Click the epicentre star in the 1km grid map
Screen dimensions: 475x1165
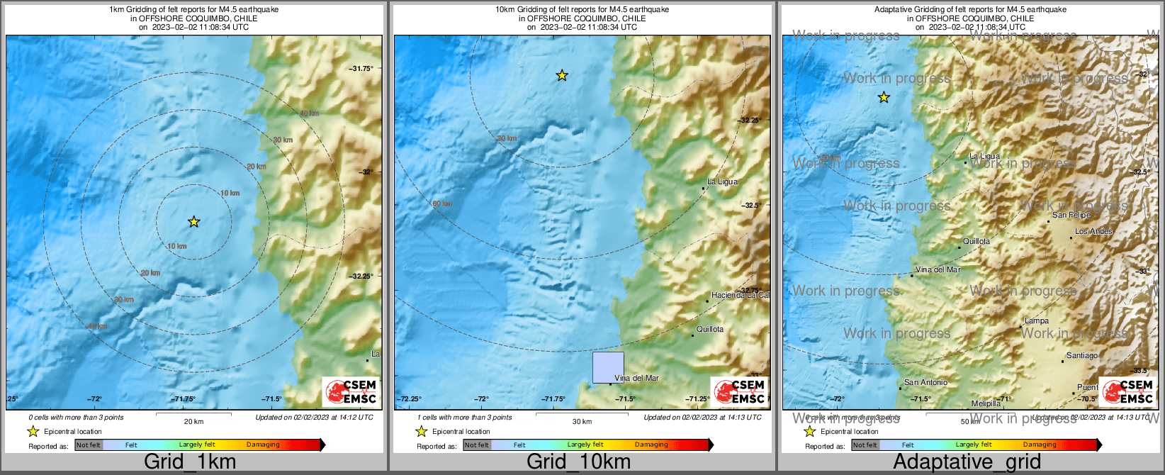pyautogui.click(x=193, y=222)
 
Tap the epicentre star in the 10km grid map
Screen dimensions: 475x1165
pyautogui.click(x=562, y=75)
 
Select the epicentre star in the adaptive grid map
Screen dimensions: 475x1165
pyautogui.click(x=884, y=98)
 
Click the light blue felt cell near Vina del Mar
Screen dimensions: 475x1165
pyautogui.click(x=608, y=367)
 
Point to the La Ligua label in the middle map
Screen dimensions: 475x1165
pyautogui.click(x=722, y=181)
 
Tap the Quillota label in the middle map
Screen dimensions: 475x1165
pyautogui.click(x=710, y=329)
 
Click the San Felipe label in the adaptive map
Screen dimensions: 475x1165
pyautogui.click(x=1071, y=215)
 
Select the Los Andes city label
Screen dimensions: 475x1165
pyautogui.click(x=1093, y=231)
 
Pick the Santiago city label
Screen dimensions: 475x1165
pyautogui.click(x=1082, y=355)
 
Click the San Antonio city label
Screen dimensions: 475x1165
pyautogui.click(x=925, y=382)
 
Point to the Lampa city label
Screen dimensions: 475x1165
pyautogui.click(x=1037, y=321)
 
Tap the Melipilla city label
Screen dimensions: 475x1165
pyautogui.click(x=986, y=403)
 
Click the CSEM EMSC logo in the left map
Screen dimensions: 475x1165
pyautogui.click(x=350, y=391)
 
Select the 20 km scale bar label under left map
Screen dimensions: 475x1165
pyautogui.click(x=193, y=421)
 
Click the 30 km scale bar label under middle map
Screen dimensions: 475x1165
pyautogui.click(x=582, y=421)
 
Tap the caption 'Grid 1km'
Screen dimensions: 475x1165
pyautogui.click(x=190, y=462)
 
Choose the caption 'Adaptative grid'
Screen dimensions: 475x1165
pyautogui.click(x=967, y=462)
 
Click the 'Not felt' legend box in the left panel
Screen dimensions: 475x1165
pyautogui.click(x=89, y=445)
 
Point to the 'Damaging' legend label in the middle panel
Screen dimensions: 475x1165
pyautogui.click(x=651, y=445)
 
